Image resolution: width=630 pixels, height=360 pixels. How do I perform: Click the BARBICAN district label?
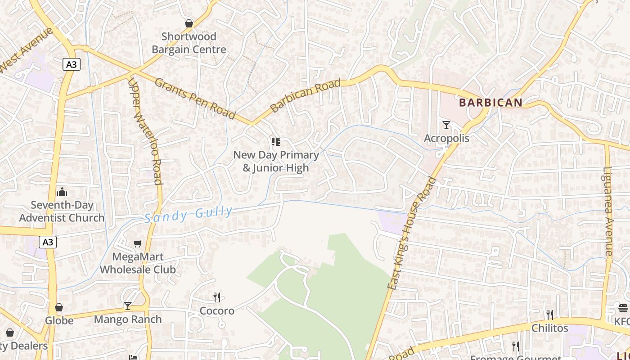pyautogui.click(x=490, y=103)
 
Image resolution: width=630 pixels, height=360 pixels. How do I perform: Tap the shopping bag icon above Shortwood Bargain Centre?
pyautogui.click(x=189, y=23)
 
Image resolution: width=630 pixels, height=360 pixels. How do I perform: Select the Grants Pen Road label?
pyautogui.click(x=195, y=99)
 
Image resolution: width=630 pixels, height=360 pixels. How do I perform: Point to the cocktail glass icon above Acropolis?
pyautogui.click(x=446, y=125)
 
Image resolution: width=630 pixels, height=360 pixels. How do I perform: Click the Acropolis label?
pyautogui.click(x=446, y=138)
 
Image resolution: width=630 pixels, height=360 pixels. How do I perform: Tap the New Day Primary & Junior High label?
pyautogui.click(x=275, y=161)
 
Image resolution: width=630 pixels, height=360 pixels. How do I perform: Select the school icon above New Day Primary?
pyautogui.click(x=275, y=142)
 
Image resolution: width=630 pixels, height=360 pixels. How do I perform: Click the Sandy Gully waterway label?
pyautogui.click(x=189, y=214)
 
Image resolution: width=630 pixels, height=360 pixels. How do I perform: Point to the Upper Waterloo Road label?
pyautogui.click(x=144, y=131)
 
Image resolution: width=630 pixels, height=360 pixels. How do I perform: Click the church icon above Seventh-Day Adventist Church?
pyautogui.click(x=62, y=192)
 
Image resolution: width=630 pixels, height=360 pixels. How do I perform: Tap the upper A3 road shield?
pyautogui.click(x=71, y=64)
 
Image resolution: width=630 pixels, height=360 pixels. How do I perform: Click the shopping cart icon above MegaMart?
pyautogui.click(x=137, y=243)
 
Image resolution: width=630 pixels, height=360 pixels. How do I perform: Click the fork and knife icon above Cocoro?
pyautogui.click(x=217, y=297)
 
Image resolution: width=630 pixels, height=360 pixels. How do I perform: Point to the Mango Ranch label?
pyautogui.click(x=128, y=319)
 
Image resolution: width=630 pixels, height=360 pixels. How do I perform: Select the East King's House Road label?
pyautogui.click(x=412, y=233)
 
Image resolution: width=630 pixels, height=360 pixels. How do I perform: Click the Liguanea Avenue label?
pyautogui.click(x=608, y=211)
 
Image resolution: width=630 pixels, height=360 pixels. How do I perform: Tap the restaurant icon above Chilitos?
pyautogui.click(x=549, y=315)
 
